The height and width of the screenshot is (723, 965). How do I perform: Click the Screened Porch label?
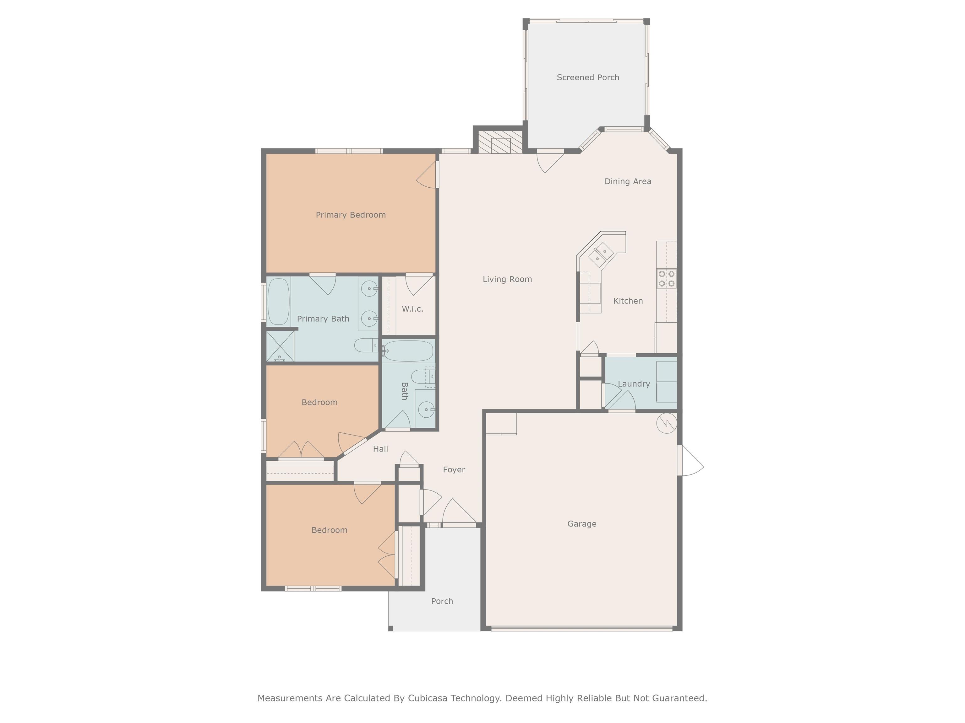tap(588, 78)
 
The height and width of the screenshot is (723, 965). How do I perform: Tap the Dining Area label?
tap(628, 181)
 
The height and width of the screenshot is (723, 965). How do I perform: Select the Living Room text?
tap(507, 279)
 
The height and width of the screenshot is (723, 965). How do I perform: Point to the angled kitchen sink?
tap(601, 254)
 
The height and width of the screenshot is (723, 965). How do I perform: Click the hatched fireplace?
tap(500, 142)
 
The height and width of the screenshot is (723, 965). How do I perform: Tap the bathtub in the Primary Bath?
tap(278, 302)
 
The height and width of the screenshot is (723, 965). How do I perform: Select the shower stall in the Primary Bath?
tap(281, 346)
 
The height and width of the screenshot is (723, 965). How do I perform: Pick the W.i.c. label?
tap(412, 309)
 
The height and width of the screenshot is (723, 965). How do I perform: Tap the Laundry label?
tap(634, 384)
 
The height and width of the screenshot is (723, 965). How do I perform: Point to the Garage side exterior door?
tap(690, 460)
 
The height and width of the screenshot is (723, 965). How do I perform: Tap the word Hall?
tap(380, 449)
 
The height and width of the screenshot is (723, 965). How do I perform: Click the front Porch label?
tap(442, 602)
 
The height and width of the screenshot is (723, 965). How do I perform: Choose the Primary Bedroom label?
tap(351, 215)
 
